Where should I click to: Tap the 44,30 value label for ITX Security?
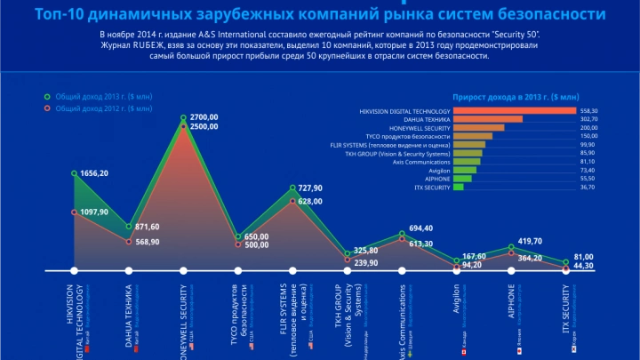(583, 265)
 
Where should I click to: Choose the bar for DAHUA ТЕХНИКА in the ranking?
(487, 119)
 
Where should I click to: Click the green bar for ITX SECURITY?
(458, 188)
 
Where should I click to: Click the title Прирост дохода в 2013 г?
(516, 96)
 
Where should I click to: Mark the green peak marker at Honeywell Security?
(184, 118)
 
